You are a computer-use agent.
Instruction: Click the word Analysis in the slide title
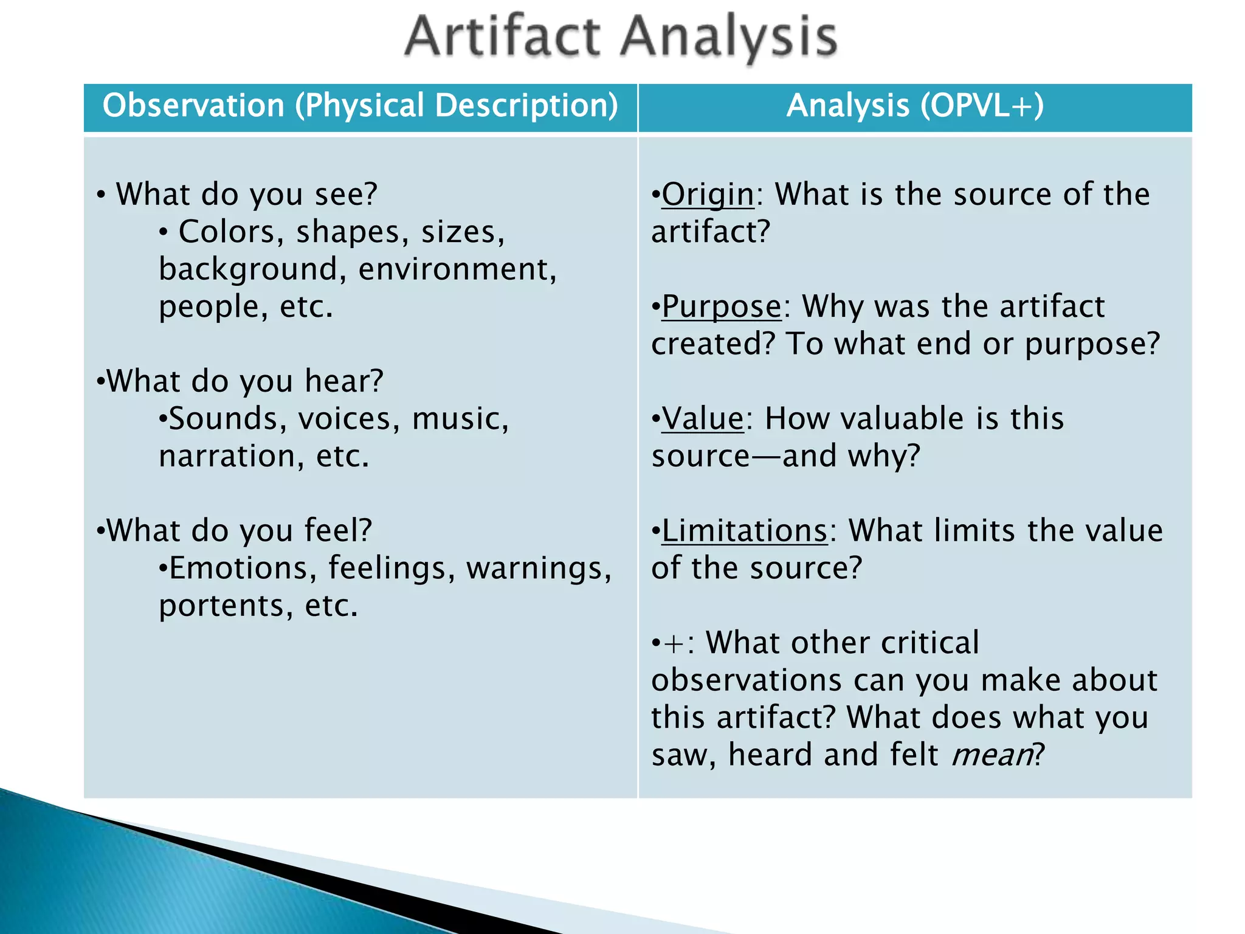[729, 38]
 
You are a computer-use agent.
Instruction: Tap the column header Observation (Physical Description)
[360, 106]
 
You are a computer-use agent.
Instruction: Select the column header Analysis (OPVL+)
[915, 106]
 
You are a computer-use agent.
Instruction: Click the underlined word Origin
[708, 195]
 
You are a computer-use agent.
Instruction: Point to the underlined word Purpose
[722, 306]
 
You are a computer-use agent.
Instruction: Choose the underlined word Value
[703, 419]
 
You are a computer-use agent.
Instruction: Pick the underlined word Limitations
[745, 531]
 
